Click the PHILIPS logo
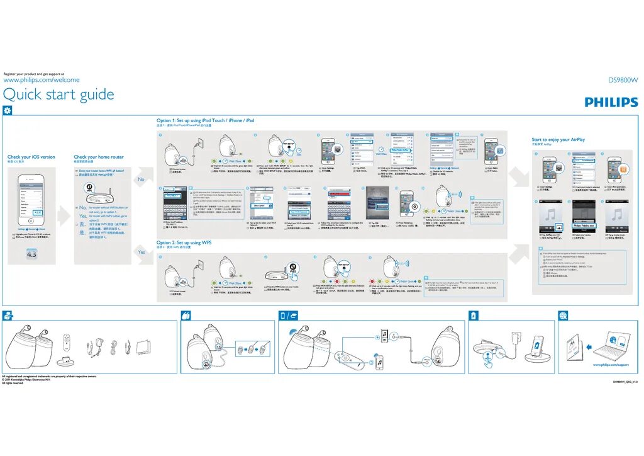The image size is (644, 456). (611, 102)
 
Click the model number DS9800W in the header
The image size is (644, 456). (622, 80)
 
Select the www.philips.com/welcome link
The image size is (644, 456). (42, 80)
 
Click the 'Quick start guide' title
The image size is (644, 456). (58, 94)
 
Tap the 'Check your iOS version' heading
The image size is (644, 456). (31, 157)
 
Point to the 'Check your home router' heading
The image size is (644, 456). (99, 157)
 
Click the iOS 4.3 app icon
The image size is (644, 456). (32, 254)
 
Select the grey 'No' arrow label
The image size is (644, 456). (141, 179)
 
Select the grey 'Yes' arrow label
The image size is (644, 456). (141, 252)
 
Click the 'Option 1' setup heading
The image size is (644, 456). (206, 120)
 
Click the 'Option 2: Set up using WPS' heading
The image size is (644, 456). (184, 242)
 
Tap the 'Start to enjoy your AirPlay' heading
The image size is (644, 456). (558, 140)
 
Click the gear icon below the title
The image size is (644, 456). (8, 110)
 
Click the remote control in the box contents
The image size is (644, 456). (67, 346)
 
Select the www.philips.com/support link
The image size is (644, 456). (611, 365)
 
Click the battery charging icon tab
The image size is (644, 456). (474, 315)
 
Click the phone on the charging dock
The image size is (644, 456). (538, 345)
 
